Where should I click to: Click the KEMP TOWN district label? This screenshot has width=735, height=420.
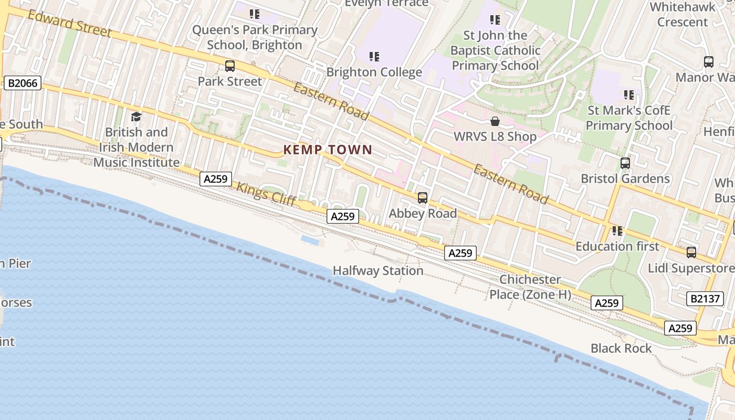[x=328, y=150]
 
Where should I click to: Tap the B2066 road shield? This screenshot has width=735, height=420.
[x=23, y=83]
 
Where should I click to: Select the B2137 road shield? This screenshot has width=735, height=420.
[x=705, y=299]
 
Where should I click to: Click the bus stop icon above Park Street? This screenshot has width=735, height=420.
[x=229, y=66]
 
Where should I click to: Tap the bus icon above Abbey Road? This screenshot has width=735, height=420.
[x=423, y=198]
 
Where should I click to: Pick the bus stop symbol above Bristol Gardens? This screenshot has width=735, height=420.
[x=625, y=163]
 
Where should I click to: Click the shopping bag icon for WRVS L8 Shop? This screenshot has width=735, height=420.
[x=495, y=122]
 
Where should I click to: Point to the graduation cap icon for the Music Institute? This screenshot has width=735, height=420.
[x=136, y=117]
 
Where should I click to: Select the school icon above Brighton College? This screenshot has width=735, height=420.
[x=374, y=56]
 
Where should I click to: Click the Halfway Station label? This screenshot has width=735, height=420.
[x=378, y=271]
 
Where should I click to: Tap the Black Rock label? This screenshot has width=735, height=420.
[x=621, y=348]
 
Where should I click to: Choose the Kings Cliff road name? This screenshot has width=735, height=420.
[x=266, y=193]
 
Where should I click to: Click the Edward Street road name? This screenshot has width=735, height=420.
[x=69, y=24]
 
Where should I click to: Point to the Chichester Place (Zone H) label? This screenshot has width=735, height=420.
[x=530, y=287]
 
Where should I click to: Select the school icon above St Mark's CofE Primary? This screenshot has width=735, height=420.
[x=628, y=95]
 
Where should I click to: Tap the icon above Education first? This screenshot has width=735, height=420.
[x=617, y=230]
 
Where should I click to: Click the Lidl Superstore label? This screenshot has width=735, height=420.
[x=691, y=268]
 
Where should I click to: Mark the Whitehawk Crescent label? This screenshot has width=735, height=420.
[x=682, y=15]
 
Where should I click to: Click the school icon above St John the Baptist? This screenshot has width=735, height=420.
[x=495, y=20]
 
